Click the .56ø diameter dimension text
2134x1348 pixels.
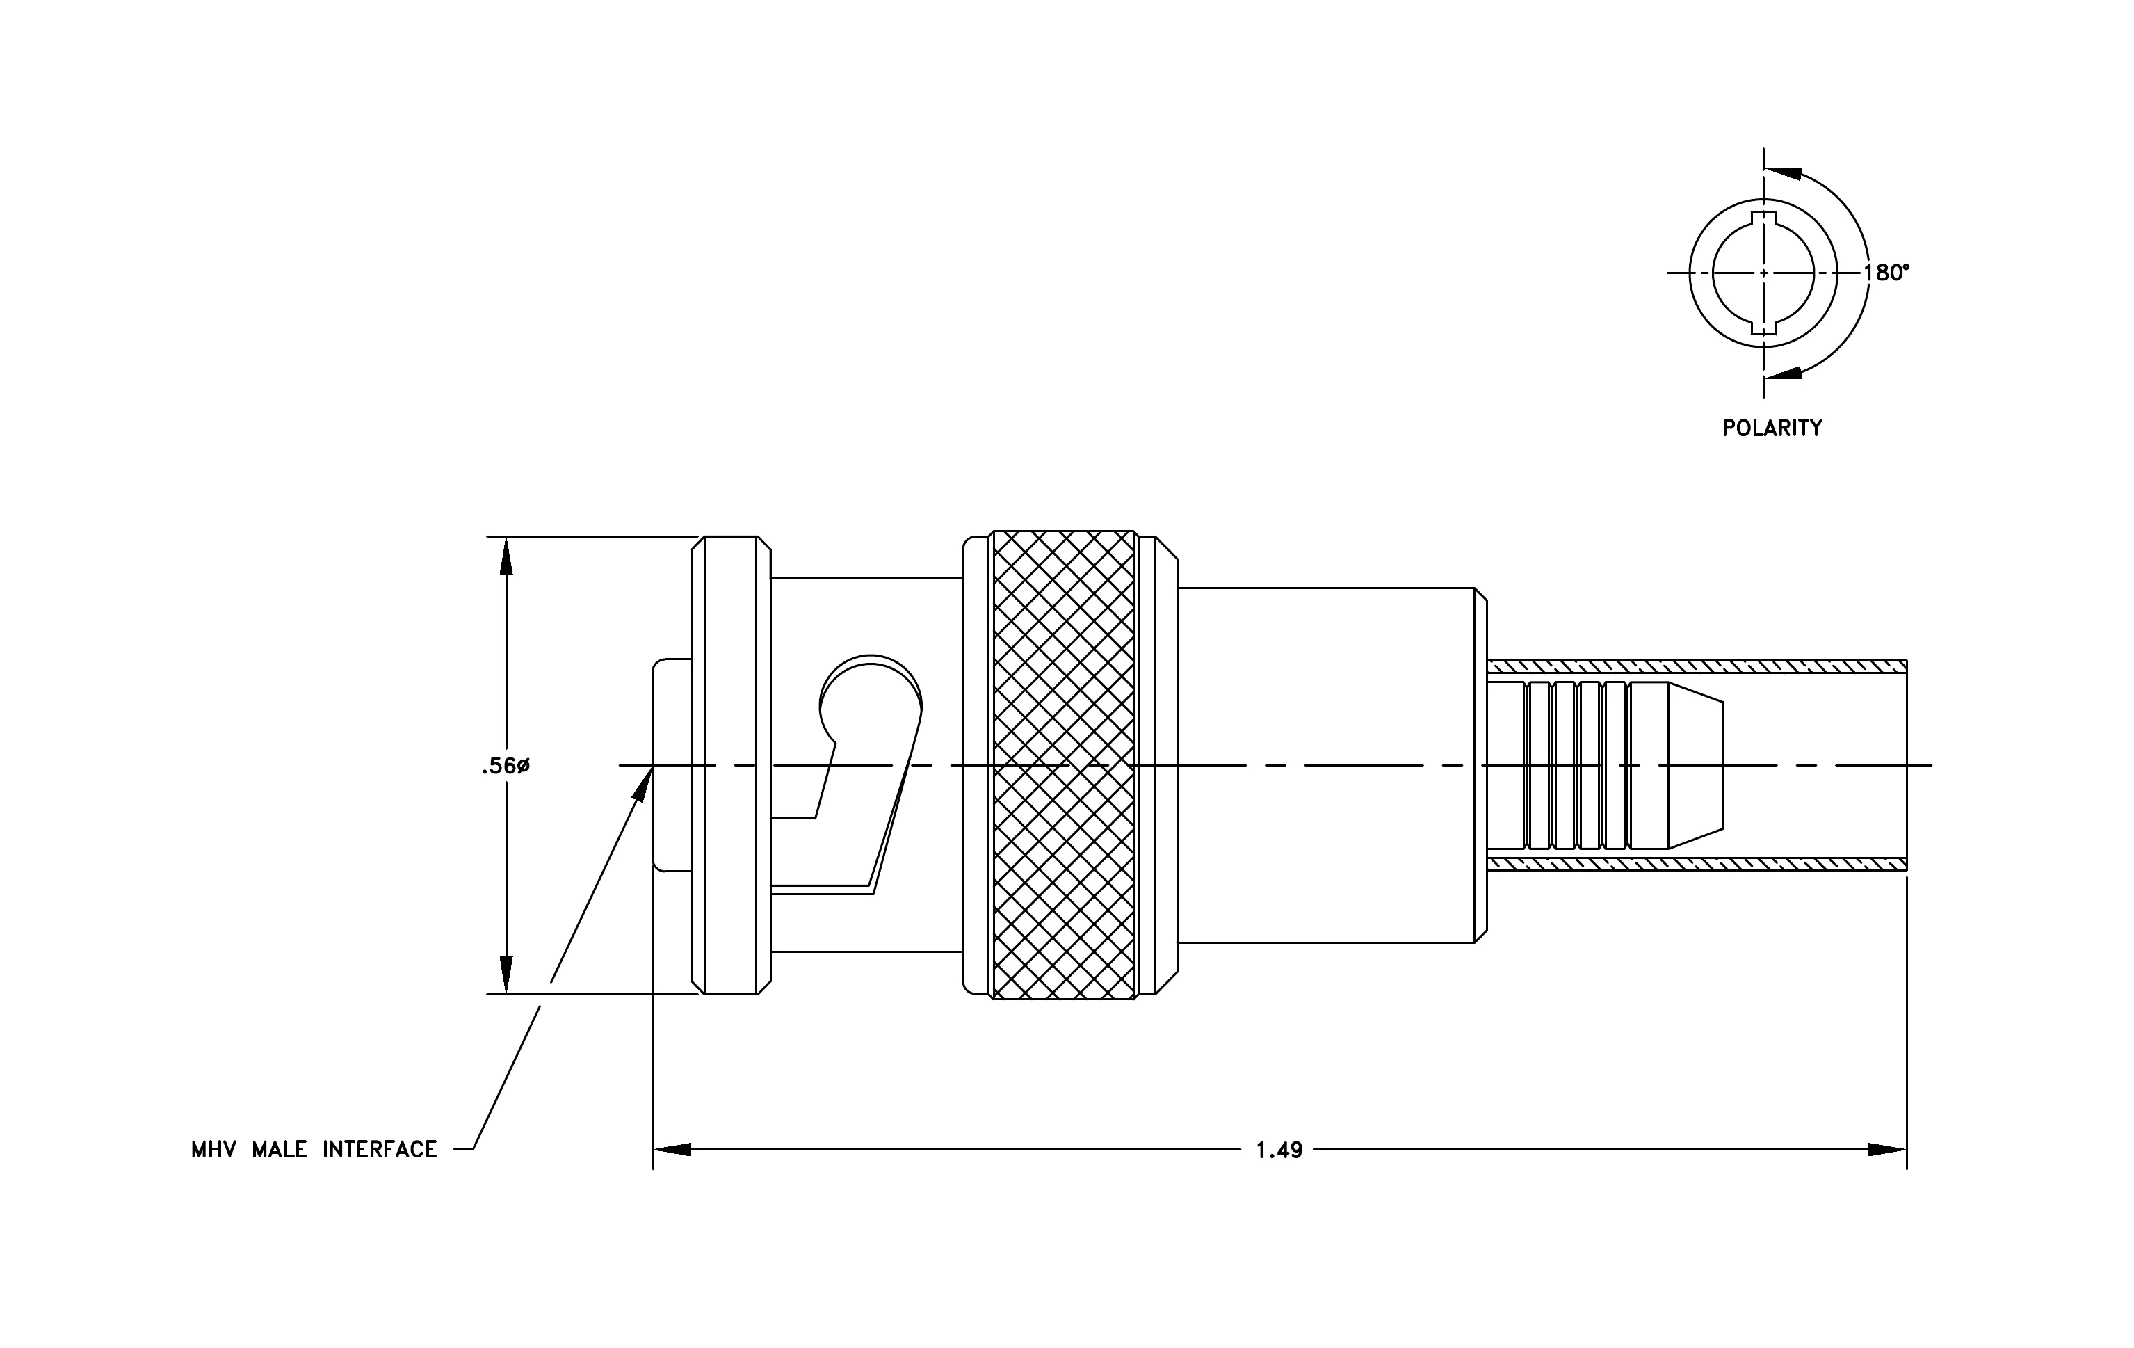[x=505, y=767]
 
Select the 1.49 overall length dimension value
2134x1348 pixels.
[x=1279, y=1150]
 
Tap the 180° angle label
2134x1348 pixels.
[x=1886, y=273]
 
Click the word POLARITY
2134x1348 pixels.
[x=1772, y=428]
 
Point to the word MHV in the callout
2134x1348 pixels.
[x=213, y=1150]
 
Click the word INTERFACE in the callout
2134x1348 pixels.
[x=379, y=1150]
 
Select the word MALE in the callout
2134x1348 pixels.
[x=279, y=1150]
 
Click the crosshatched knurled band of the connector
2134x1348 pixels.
[x=1063, y=765]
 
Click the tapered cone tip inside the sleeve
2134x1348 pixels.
[x=1695, y=765]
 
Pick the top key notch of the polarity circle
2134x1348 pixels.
[x=1763, y=219]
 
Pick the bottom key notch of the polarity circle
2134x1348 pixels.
[x=1763, y=327]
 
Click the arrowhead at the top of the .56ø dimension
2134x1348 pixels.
[x=506, y=555]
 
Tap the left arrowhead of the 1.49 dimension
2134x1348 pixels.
[x=672, y=1150]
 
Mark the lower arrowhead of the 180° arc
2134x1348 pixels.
[x=1783, y=372]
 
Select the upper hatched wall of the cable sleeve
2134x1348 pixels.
[x=1696, y=666]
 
